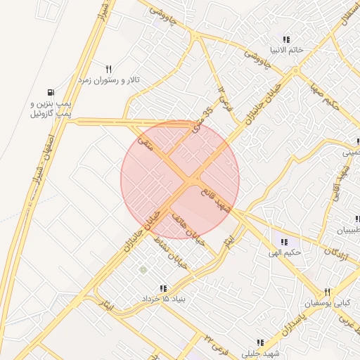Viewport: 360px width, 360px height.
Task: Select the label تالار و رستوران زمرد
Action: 109,81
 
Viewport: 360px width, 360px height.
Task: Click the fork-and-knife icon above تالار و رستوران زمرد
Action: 108,69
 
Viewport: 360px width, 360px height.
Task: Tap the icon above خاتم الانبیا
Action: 285,39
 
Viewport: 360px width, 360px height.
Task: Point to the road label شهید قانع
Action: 215,200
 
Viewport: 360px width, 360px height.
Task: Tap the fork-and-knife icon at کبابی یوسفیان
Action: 327,292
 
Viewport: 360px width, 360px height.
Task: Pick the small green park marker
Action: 143,269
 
